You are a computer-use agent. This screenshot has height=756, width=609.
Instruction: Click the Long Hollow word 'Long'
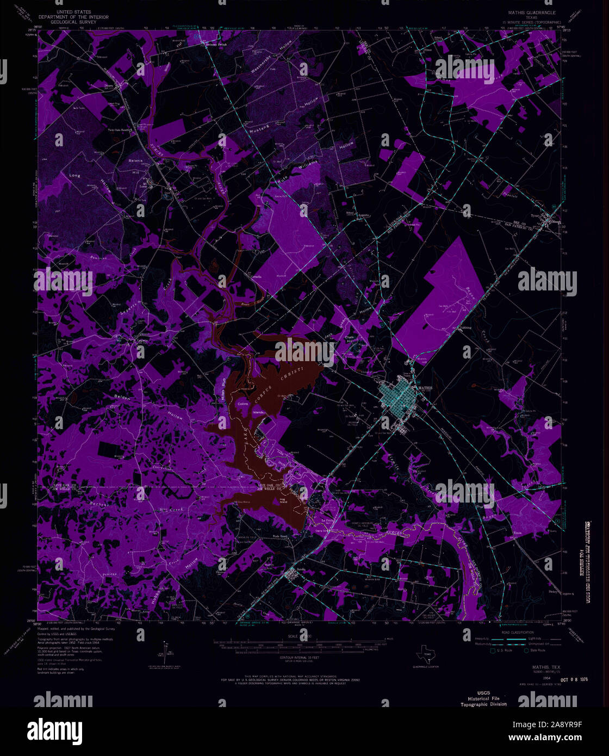coord(74,176)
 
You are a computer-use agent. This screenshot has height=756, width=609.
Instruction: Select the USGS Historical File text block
coord(483,698)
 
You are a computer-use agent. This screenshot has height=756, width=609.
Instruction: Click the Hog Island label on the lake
coord(283,501)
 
